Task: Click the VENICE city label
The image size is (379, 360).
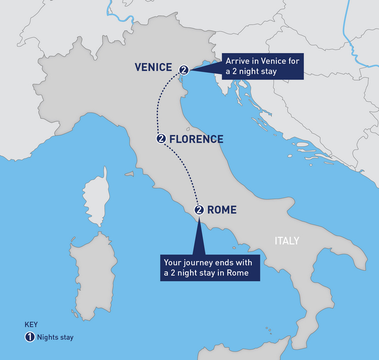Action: pyautogui.click(x=154, y=68)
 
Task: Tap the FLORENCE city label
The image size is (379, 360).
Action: pyautogui.click(x=196, y=139)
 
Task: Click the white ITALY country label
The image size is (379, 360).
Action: pyautogui.click(x=287, y=241)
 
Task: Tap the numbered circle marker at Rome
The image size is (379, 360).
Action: pyautogui.click(x=199, y=210)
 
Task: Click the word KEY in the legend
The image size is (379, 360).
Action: pyautogui.click(x=31, y=325)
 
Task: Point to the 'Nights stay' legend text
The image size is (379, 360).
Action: pyautogui.click(x=55, y=337)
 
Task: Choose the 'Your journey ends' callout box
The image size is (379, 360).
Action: pyautogui.click(x=211, y=268)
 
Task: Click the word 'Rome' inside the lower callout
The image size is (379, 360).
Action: pyautogui.click(x=248, y=274)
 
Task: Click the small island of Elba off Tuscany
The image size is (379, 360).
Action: pyautogui.click(x=129, y=174)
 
